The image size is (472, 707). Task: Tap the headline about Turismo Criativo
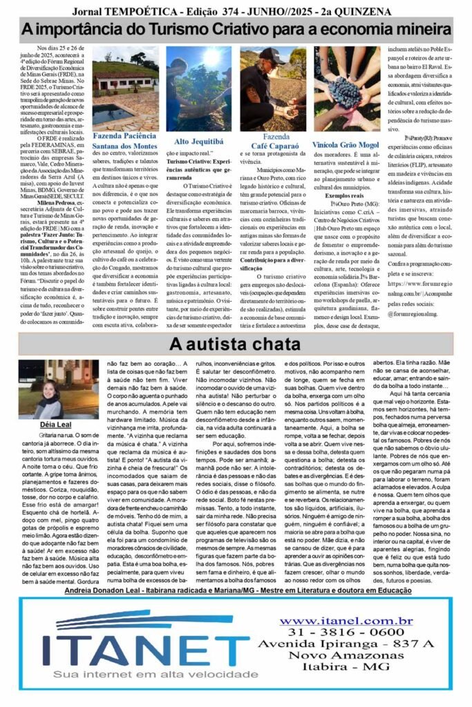pos(236,30)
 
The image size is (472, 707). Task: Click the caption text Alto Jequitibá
pos(200,141)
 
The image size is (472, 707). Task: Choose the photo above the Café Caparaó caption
pos(273,88)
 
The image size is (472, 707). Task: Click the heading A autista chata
pos(236,344)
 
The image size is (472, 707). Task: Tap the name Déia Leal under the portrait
pos(49,425)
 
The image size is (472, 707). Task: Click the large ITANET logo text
pos(144,647)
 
